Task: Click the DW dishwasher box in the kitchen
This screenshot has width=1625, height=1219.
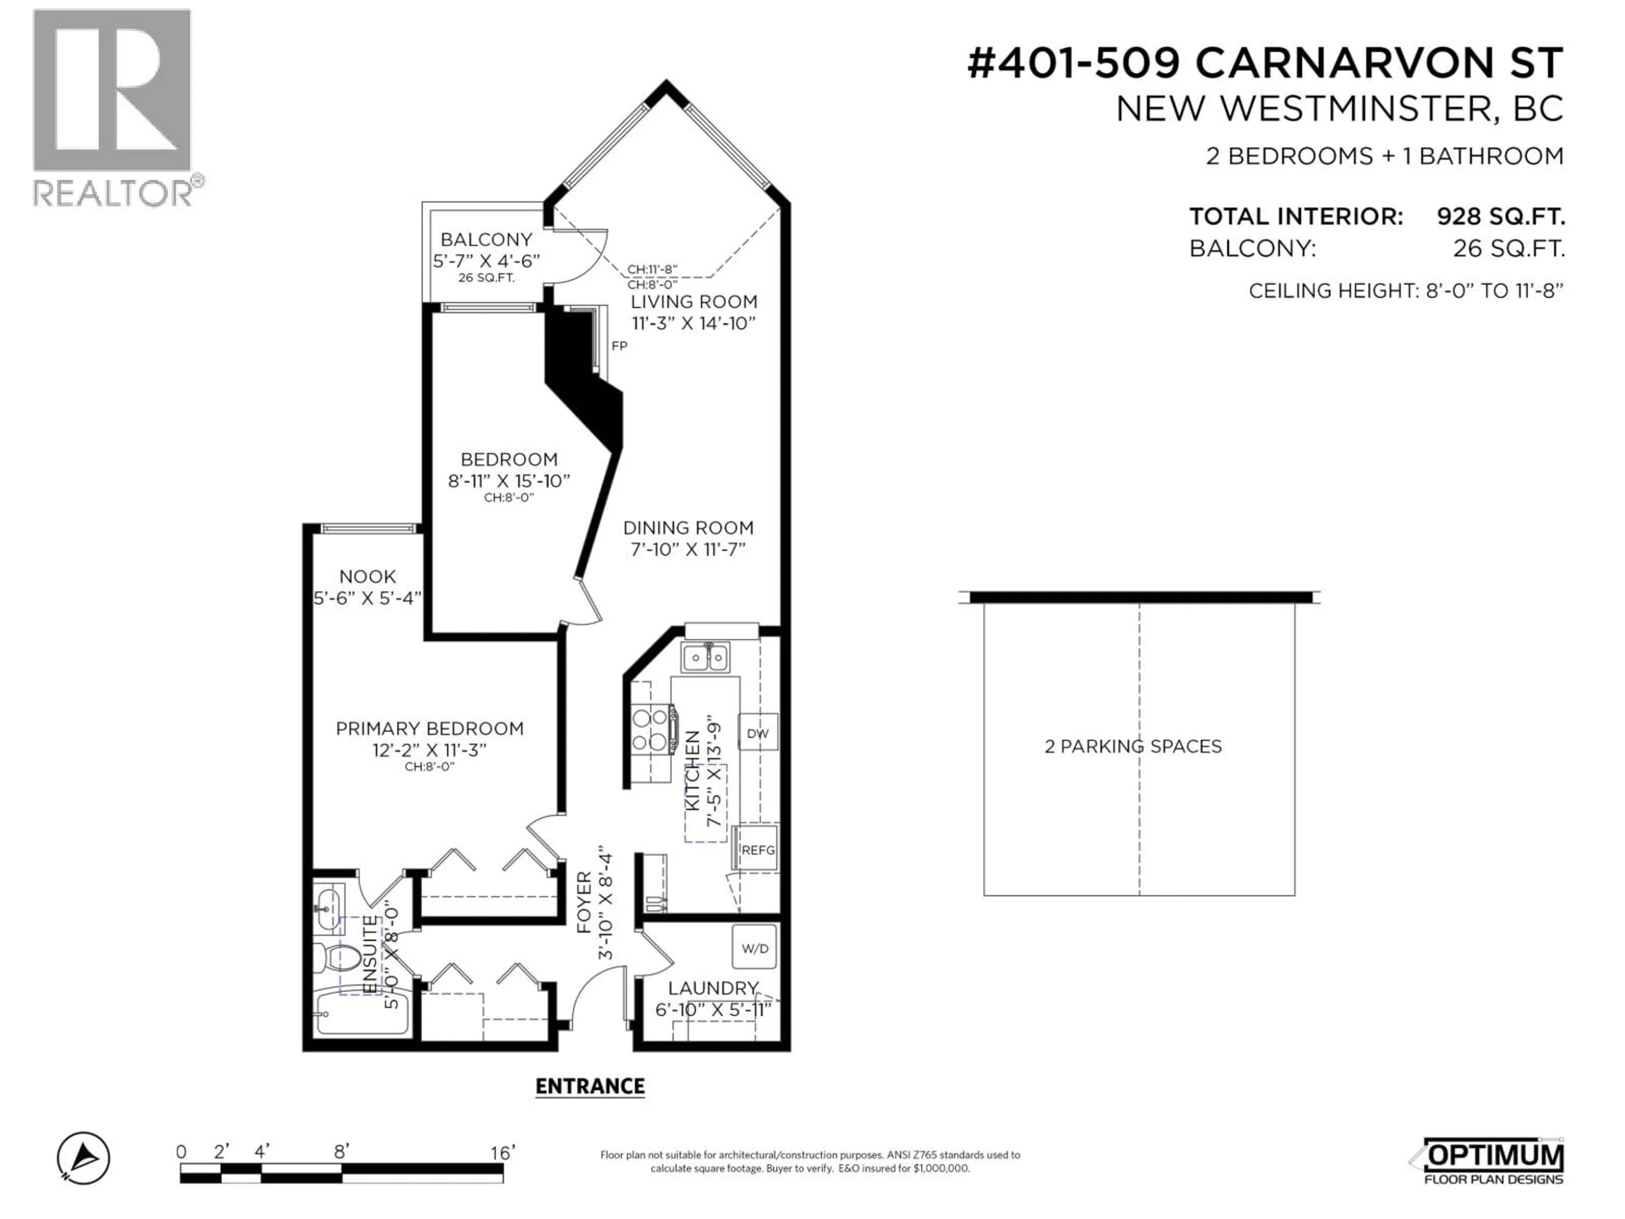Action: coord(757,733)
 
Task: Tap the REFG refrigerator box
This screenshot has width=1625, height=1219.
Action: coord(757,849)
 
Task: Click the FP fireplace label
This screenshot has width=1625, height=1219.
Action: coord(619,345)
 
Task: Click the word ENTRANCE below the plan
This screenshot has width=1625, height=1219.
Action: coord(590,1086)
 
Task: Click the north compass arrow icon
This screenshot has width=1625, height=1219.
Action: coord(84,1158)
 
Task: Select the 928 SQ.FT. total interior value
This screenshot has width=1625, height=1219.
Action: coord(1501,217)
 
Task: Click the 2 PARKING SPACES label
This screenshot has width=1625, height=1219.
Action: coord(1133,747)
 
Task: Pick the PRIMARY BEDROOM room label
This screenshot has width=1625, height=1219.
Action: coord(430,728)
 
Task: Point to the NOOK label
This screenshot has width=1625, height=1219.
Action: coord(367,577)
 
